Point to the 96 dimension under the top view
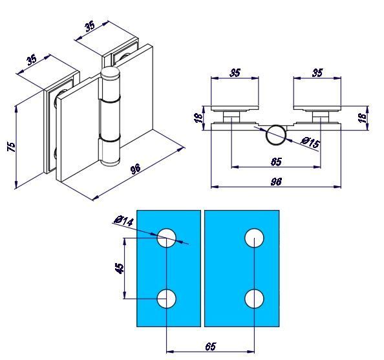276,182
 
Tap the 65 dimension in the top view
276,161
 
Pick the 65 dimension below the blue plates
210,347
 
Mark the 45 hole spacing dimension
120,268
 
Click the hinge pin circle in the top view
276,134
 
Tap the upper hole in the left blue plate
167,237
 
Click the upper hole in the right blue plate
254,237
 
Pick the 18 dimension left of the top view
198,116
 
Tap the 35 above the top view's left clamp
235,72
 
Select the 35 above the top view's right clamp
317,72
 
